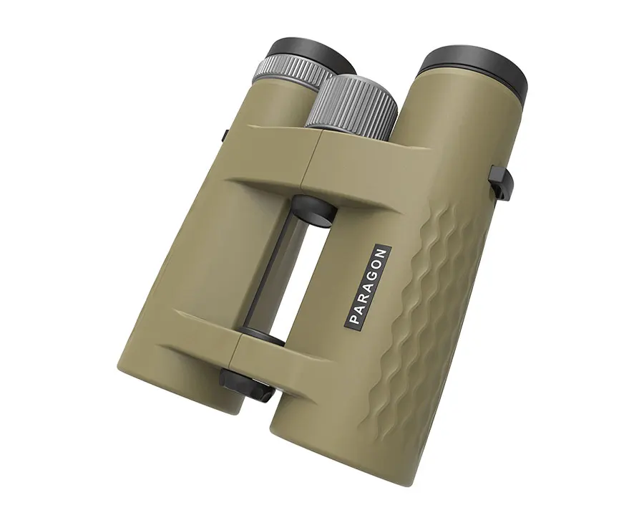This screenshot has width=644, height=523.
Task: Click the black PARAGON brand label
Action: [367, 287]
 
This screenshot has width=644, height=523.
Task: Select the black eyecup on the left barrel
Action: [312, 55]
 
